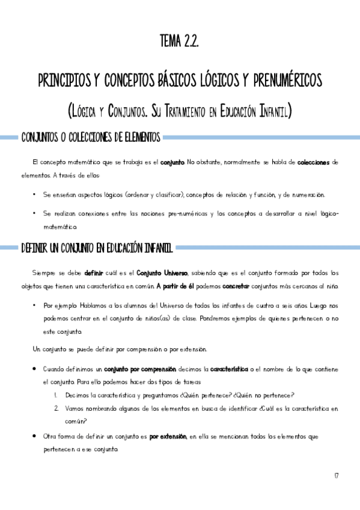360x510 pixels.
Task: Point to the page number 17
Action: coord(337,476)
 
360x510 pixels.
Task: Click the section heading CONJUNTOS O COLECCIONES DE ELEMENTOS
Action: coord(91,138)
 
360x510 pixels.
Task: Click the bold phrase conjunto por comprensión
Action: coord(140,369)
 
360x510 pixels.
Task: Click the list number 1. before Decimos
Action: coord(55,395)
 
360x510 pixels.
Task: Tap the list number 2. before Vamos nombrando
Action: coord(56,408)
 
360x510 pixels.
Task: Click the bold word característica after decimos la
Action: coord(231,369)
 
